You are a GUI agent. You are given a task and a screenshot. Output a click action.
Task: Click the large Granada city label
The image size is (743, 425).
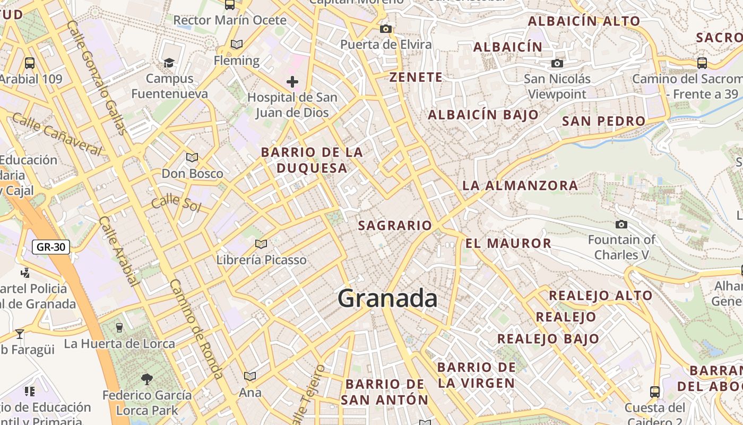[x=387, y=298]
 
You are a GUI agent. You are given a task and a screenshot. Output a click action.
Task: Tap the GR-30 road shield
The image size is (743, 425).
[x=51, y=247]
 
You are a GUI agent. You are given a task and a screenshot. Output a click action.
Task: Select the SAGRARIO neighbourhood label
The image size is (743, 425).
[x=395, y=225]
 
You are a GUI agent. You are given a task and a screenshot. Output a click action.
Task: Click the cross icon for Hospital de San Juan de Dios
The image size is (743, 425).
[x=292, y=82]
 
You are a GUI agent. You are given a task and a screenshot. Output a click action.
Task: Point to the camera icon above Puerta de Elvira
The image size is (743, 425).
[x=386, y=29]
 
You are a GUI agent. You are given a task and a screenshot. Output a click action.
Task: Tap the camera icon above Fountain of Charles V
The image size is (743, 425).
[x=621, y=224]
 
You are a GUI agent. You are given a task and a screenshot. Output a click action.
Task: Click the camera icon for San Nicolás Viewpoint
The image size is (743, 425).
[x=557, y=64]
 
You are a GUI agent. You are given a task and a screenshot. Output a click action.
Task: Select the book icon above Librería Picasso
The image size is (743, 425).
[x=261, y=244]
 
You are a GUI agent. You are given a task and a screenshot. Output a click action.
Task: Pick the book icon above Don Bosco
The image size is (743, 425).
[x=192, y=157]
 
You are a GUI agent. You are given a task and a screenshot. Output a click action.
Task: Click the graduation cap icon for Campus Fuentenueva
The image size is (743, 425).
[x=169, y=63]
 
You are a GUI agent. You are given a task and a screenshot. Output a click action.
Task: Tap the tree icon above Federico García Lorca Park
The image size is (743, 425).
[x=147, y=379]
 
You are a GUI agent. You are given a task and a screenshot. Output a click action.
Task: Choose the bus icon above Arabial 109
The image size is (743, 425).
[x=30, y=63]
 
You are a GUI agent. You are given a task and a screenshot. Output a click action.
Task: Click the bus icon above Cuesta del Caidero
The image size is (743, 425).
[x=655, y=392]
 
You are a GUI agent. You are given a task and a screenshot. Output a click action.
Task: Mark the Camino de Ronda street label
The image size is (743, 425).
[x=196, y=329]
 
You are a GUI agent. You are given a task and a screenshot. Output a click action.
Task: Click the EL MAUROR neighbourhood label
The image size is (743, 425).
[x=508, y=243]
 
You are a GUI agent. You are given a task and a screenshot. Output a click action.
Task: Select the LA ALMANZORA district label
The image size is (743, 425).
[x=520, y=185]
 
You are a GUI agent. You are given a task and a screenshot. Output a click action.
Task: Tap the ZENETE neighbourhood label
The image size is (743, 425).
[x=416, y=77]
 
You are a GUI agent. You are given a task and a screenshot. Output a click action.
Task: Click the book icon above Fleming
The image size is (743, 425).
[x=237, y=45]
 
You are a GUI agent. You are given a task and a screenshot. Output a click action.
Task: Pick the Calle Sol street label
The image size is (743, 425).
[x=176, y=203]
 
